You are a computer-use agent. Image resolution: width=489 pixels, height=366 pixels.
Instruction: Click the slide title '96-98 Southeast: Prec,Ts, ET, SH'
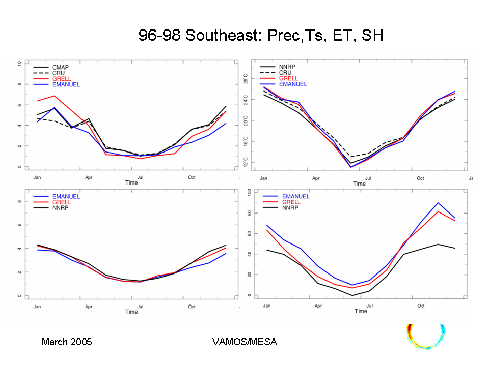click(260, 35)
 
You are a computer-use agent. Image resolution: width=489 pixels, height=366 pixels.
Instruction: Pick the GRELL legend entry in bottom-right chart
click(291, 202)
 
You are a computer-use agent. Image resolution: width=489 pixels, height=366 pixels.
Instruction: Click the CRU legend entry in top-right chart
click(285, 73)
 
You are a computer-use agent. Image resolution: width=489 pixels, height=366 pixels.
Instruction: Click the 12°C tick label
click(247, 162)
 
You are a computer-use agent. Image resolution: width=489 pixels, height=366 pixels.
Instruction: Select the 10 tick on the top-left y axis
click(19, 64)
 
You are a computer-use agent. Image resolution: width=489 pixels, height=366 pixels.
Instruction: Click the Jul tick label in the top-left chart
click(140, 177)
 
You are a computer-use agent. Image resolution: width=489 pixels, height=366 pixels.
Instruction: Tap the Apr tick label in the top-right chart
click(316, 178)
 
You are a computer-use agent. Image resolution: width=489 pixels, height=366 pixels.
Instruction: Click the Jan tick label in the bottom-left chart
click(37, 307)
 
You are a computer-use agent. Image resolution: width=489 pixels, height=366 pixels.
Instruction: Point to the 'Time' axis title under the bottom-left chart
click(131, 312)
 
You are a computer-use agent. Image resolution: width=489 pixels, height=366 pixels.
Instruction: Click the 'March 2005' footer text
click(67, 342)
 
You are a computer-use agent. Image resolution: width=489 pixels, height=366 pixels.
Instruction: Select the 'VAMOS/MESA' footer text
click(244, 342)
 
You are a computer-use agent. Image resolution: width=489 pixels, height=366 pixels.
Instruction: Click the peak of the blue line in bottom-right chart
click(438, 203)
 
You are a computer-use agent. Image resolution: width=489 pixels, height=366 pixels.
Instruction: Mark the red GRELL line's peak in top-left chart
click(55, 96)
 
